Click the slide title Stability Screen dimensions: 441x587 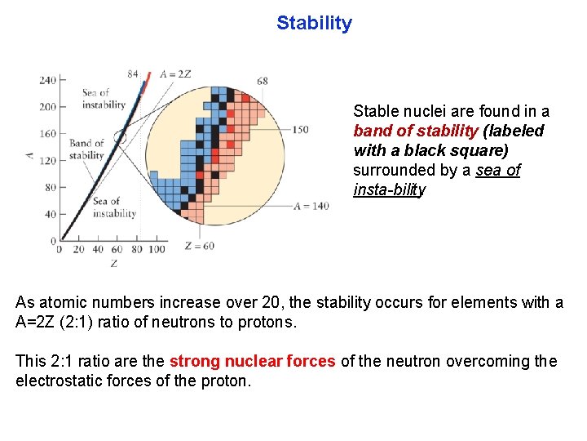[314, 23]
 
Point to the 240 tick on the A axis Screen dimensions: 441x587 [47, 80]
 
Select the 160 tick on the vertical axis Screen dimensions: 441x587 [47, 134]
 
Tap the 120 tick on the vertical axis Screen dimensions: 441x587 [47, 161]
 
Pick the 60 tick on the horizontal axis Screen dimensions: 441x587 [117, 249]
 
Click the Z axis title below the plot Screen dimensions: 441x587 [113, 263]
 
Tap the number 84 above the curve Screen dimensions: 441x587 [133, 73]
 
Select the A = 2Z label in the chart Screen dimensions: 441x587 [175, 74]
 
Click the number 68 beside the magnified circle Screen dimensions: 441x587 [262, 81]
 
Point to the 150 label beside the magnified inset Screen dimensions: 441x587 [300, 130]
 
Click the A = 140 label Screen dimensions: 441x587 [311, 207]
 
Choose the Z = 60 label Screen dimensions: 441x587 [199, 246]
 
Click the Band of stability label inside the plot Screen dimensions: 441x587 [86, 149]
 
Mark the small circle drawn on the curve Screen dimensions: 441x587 [121, 136]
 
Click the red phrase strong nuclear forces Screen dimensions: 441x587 [252, 361]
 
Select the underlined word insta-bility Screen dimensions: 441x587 [389, 190]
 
